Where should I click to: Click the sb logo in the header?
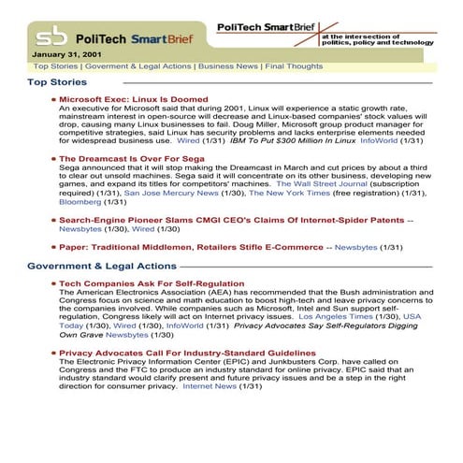[x=51, y=37]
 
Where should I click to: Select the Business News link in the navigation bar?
[x=228, y=67]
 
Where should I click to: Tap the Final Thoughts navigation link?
[x=294, y=67]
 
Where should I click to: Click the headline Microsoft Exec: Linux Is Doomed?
[x=133, y=99]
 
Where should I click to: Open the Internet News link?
[x=210, y=386]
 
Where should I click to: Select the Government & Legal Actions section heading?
[x=102, y=267]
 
